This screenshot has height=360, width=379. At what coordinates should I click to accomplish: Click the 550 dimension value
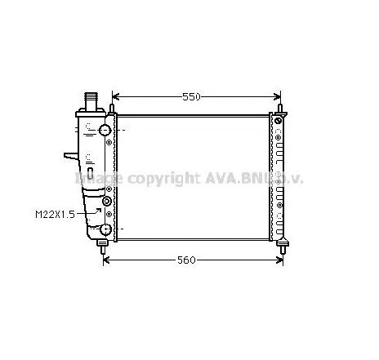click(191, 96)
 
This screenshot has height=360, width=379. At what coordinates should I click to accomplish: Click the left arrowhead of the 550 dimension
click(114, 96)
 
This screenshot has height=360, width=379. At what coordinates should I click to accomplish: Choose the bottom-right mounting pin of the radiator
click(283, 242)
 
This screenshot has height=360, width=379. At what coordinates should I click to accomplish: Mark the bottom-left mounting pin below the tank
click(103, 242)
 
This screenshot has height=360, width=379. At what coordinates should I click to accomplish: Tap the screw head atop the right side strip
click(278, 122)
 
